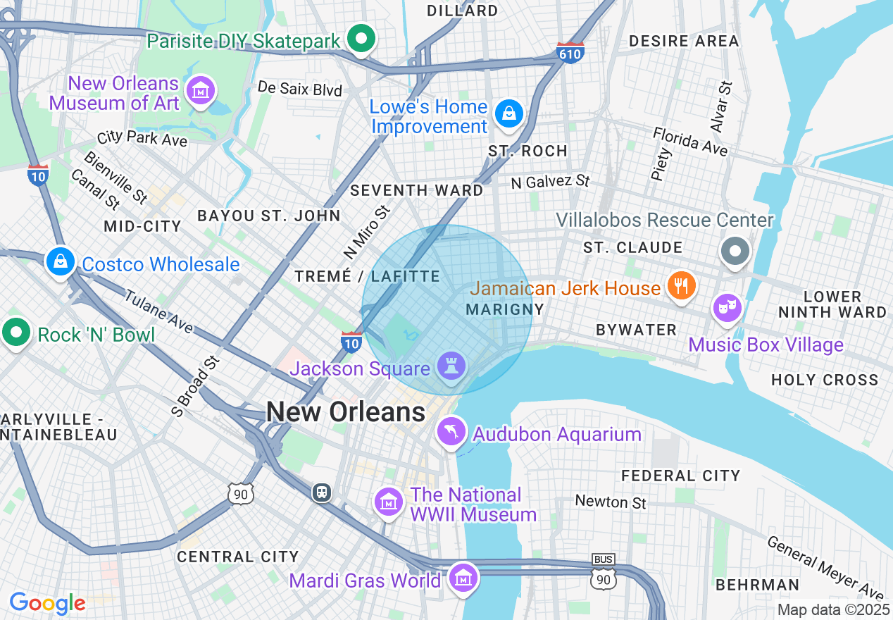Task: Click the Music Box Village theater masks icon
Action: click(x=727, y=308)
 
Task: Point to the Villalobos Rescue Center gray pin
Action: click(x=735, y=250)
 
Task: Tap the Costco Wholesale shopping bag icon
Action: click(x=61, y=261)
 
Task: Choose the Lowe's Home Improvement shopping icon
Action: click(x=508, y=113)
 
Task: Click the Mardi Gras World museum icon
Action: click(x=463, y=578)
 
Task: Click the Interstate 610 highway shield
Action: click(x=570, y=52)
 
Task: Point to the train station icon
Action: click(x=322, y=492)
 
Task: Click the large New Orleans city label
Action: click(x=346, y=412)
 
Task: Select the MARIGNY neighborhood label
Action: click(x=505, y=309)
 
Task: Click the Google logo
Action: click(x=47, y=603)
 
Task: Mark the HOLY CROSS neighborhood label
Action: click(x=825, y=380)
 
